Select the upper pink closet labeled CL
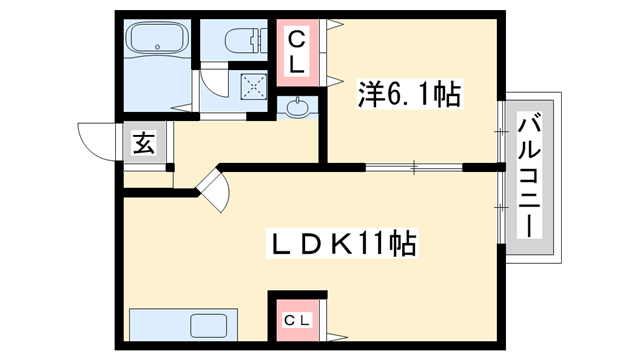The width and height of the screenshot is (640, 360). click(298, 51)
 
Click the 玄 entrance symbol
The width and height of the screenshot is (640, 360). click(143, 143)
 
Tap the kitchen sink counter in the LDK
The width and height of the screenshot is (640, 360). click(180, 326)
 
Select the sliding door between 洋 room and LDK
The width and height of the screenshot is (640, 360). click(410, 166)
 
